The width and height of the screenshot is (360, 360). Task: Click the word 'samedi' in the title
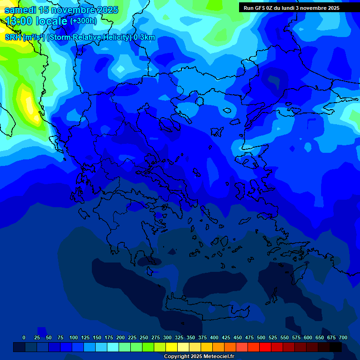[x=20, y=10]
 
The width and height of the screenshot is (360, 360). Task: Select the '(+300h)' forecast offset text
[x=83, y=21]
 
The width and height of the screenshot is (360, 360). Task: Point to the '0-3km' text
[x=144, y=37]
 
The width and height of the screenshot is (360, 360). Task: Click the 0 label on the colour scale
[x=24, y=337]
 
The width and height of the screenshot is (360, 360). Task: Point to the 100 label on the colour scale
[x=74, y=337]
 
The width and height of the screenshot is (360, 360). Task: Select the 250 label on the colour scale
[x=144, y=337]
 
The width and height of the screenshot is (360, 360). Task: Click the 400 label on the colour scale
[x=214, y=337]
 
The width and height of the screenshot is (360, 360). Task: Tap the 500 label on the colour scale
[x=261, y=337]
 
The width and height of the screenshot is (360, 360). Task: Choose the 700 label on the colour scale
[x=343, y=337]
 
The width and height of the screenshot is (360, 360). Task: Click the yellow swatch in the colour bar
[x=171, y=347]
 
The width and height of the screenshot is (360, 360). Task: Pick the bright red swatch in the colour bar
[x=265, y=347]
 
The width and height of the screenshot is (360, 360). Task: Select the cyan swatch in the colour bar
[x=112, y=347]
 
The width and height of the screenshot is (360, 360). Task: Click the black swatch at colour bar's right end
[x=335, y=347]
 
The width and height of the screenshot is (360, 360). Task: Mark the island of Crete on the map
[x=206, y=307]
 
